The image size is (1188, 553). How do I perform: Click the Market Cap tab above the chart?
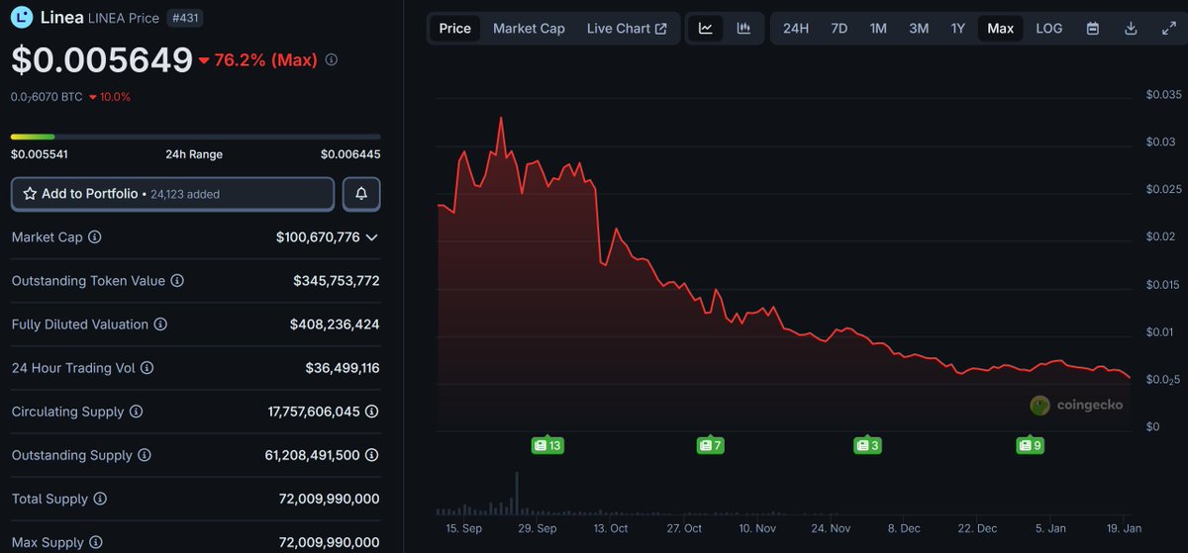coord(529,29)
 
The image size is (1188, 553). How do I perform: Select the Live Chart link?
coord(626,29)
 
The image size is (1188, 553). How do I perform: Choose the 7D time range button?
coord(839,29)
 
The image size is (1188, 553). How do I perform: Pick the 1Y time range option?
coord(957,29)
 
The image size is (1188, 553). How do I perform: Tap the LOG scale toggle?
coord(1048,29)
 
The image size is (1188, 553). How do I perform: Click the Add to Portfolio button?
coord(172,194)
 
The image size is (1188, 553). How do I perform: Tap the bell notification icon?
coord(361,194)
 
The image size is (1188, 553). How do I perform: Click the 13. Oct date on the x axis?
coord(611,528)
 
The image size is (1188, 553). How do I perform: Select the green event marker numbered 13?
coord(547,446)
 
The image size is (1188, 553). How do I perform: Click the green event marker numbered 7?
coord(710,446)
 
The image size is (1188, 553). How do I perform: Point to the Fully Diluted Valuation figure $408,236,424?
coord(335,324)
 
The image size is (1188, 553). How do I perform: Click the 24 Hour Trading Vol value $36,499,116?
coord(343,368)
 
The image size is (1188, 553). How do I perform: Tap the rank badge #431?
coord(185,18)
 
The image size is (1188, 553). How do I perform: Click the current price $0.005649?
coord(102,60)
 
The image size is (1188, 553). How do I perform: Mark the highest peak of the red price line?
coord(501,118)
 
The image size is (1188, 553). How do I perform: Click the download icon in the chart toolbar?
coord(1131,29)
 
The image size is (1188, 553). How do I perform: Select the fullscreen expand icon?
coord(1168,29)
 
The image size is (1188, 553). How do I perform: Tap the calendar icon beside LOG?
coord(1093,29)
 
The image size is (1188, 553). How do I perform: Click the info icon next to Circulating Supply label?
coord(137,412)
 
